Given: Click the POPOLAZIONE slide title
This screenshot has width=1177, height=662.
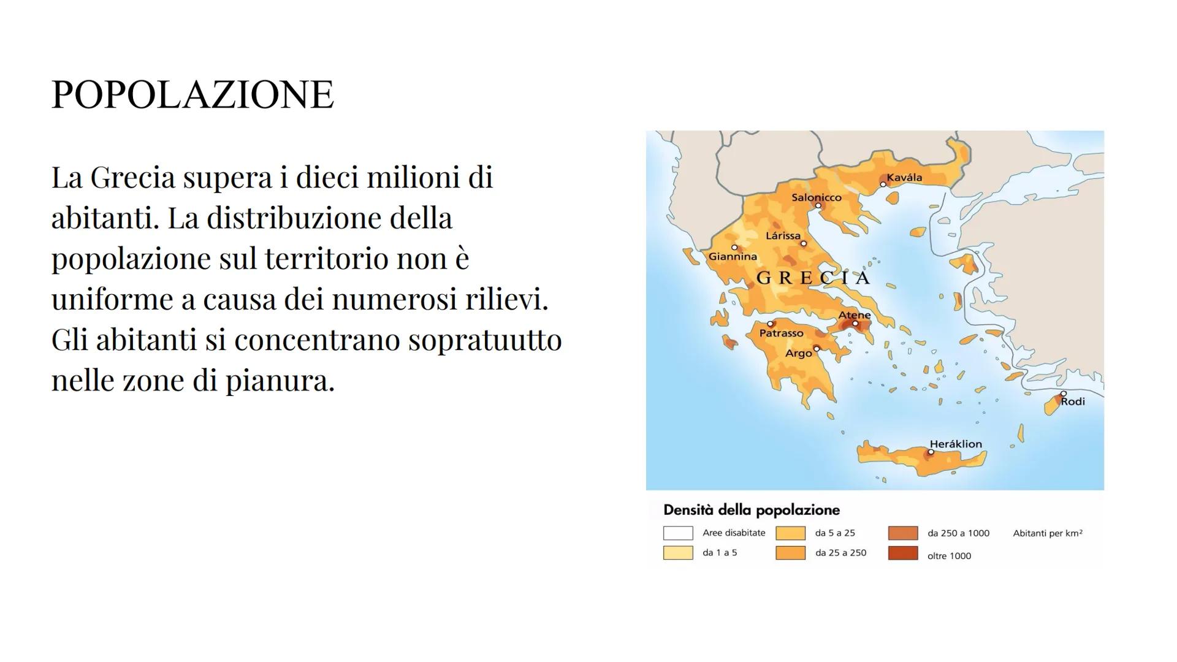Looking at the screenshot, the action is [192, 94].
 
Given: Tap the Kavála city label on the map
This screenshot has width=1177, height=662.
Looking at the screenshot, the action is [904, 177].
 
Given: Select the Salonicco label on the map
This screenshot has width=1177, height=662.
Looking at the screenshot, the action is [816, 197].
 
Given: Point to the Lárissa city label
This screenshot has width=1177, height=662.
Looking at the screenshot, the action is [783, 235].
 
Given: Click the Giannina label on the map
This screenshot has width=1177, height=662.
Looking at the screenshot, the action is [733, 257].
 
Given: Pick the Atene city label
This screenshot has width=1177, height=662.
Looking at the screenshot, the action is [855, 315].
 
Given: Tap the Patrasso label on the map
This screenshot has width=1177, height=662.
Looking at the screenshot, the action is [781, 333].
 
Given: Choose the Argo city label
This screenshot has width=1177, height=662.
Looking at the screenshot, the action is [798, 354].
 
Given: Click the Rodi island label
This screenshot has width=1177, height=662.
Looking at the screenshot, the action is [1073, 401].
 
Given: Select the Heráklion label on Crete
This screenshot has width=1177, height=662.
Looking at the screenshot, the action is [956, 444].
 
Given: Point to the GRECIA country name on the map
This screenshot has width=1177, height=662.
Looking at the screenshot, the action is [813, 278].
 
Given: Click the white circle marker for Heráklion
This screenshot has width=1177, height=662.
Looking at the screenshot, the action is [931, 452].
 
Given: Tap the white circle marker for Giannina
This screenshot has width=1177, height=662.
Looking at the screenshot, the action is [734, 248].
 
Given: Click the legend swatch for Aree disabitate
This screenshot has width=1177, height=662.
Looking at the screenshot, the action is [678, 533].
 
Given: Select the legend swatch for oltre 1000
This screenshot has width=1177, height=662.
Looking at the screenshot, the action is [903, 554].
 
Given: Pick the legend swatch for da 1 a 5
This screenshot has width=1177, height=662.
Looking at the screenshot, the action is [678, 553].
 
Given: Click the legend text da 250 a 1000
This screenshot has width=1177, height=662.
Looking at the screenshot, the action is [958, 533].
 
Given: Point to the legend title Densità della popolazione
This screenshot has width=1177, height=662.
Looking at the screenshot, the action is [752, 510].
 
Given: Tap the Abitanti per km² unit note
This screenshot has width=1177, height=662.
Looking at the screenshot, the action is [1048, 533].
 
